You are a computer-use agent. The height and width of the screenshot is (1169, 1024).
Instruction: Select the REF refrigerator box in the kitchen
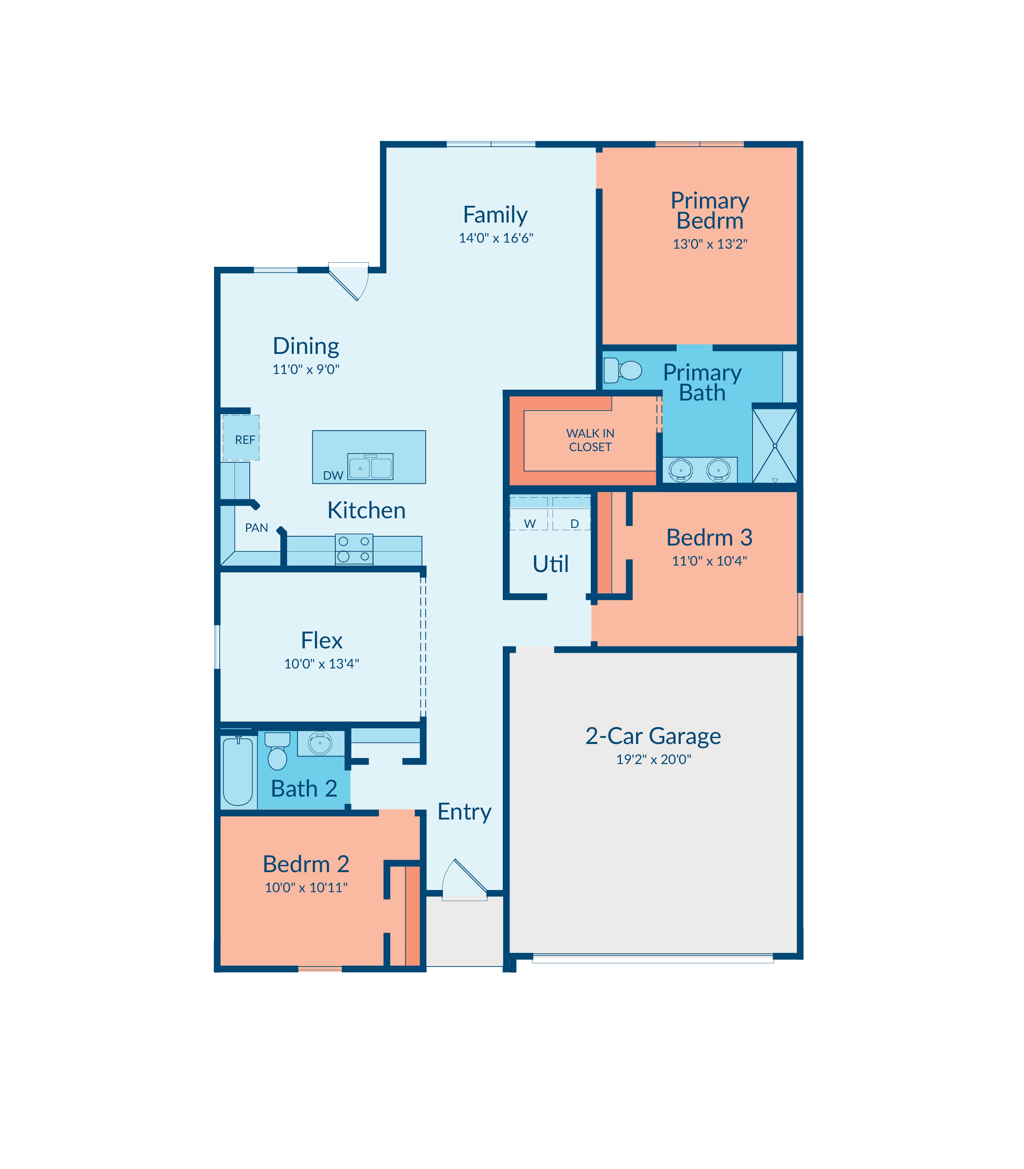[x=241, y=438]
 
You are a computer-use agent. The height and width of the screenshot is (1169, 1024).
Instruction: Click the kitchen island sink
[x=370, y=466]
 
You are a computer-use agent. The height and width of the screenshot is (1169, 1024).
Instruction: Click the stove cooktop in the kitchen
[x=354, y=549]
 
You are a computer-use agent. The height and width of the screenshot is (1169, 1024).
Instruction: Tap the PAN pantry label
[x=257, y=527]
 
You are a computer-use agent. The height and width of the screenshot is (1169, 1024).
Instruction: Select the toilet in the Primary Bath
[x=623, y=370]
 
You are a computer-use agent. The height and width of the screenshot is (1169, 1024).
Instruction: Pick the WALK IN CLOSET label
[x=590, y=440]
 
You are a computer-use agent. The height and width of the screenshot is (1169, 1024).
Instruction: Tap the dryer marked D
[x=571, y=514]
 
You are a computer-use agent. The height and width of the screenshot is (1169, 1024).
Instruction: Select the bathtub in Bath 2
[x=238, y=771]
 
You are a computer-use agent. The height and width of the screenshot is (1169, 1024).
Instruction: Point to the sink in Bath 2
[x=320, y=743]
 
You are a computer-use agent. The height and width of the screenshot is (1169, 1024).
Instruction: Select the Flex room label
[x=322, y=640]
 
